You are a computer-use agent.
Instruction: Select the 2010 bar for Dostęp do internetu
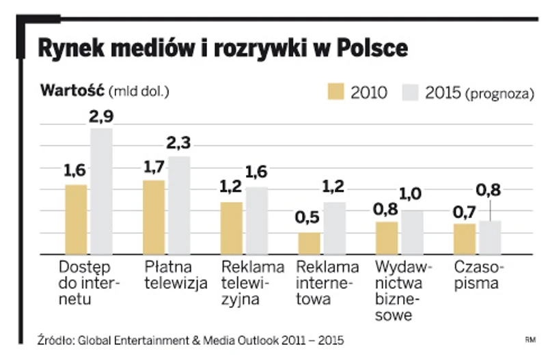[x=77, y=219]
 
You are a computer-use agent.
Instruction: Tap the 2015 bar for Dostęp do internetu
[x=101, y=191]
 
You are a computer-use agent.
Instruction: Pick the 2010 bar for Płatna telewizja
[x=154, y=217]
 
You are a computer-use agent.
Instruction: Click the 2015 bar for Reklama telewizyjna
[x=257, y=220]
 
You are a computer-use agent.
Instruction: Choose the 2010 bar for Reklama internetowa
[x=309, y=243]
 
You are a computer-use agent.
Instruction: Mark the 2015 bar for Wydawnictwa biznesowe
[x=412, y=232]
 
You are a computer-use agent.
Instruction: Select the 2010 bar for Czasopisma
[x=465, y=238]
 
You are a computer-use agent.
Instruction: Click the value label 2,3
[x=179, y=144]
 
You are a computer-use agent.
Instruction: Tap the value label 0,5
[x=309, y=220]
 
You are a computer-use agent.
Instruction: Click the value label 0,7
[x=465, y=212]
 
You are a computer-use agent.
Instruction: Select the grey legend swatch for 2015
[x=410, y=92]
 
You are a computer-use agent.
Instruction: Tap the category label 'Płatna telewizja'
[x=176, y=275]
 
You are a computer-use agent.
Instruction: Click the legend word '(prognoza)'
[x=499, y=94]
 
